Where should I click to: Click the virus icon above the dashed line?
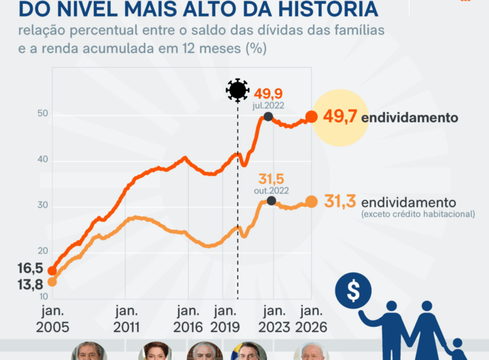click(238, 90)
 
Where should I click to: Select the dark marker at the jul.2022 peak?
click(268, 117)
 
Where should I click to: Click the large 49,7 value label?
click(340, 117)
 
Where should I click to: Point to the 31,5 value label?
click(270, 179)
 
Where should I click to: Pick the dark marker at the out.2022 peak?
click(272, 200)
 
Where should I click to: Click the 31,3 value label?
click(340, 202)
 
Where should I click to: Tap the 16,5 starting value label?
click(31, 268)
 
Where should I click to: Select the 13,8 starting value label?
click(31, 285)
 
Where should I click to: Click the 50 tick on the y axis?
click(42, 113)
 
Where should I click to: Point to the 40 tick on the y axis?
click(42, 160)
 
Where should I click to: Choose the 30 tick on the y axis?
click(42, 206)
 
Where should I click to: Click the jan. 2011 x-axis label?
click(127, 319)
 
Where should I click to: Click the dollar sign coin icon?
click(353, 291)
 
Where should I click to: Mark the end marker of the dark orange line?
click(312, 117)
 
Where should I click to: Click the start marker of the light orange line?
click(52, 282)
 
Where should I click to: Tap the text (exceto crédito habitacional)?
click(418, 215)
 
